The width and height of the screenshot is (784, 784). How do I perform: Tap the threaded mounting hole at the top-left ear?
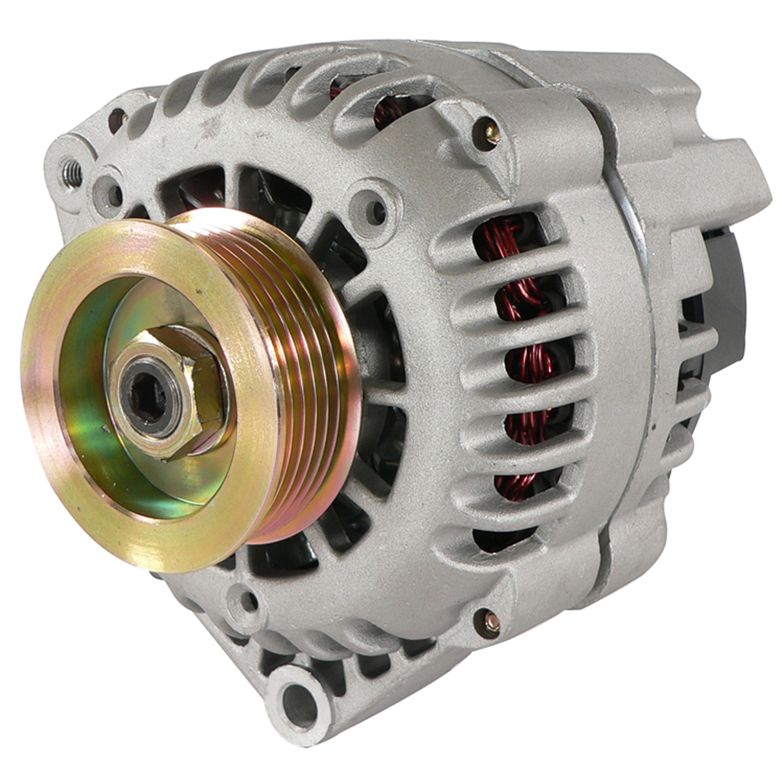(72, 175)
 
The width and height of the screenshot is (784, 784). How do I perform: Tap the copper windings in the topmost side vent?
(503, 243)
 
